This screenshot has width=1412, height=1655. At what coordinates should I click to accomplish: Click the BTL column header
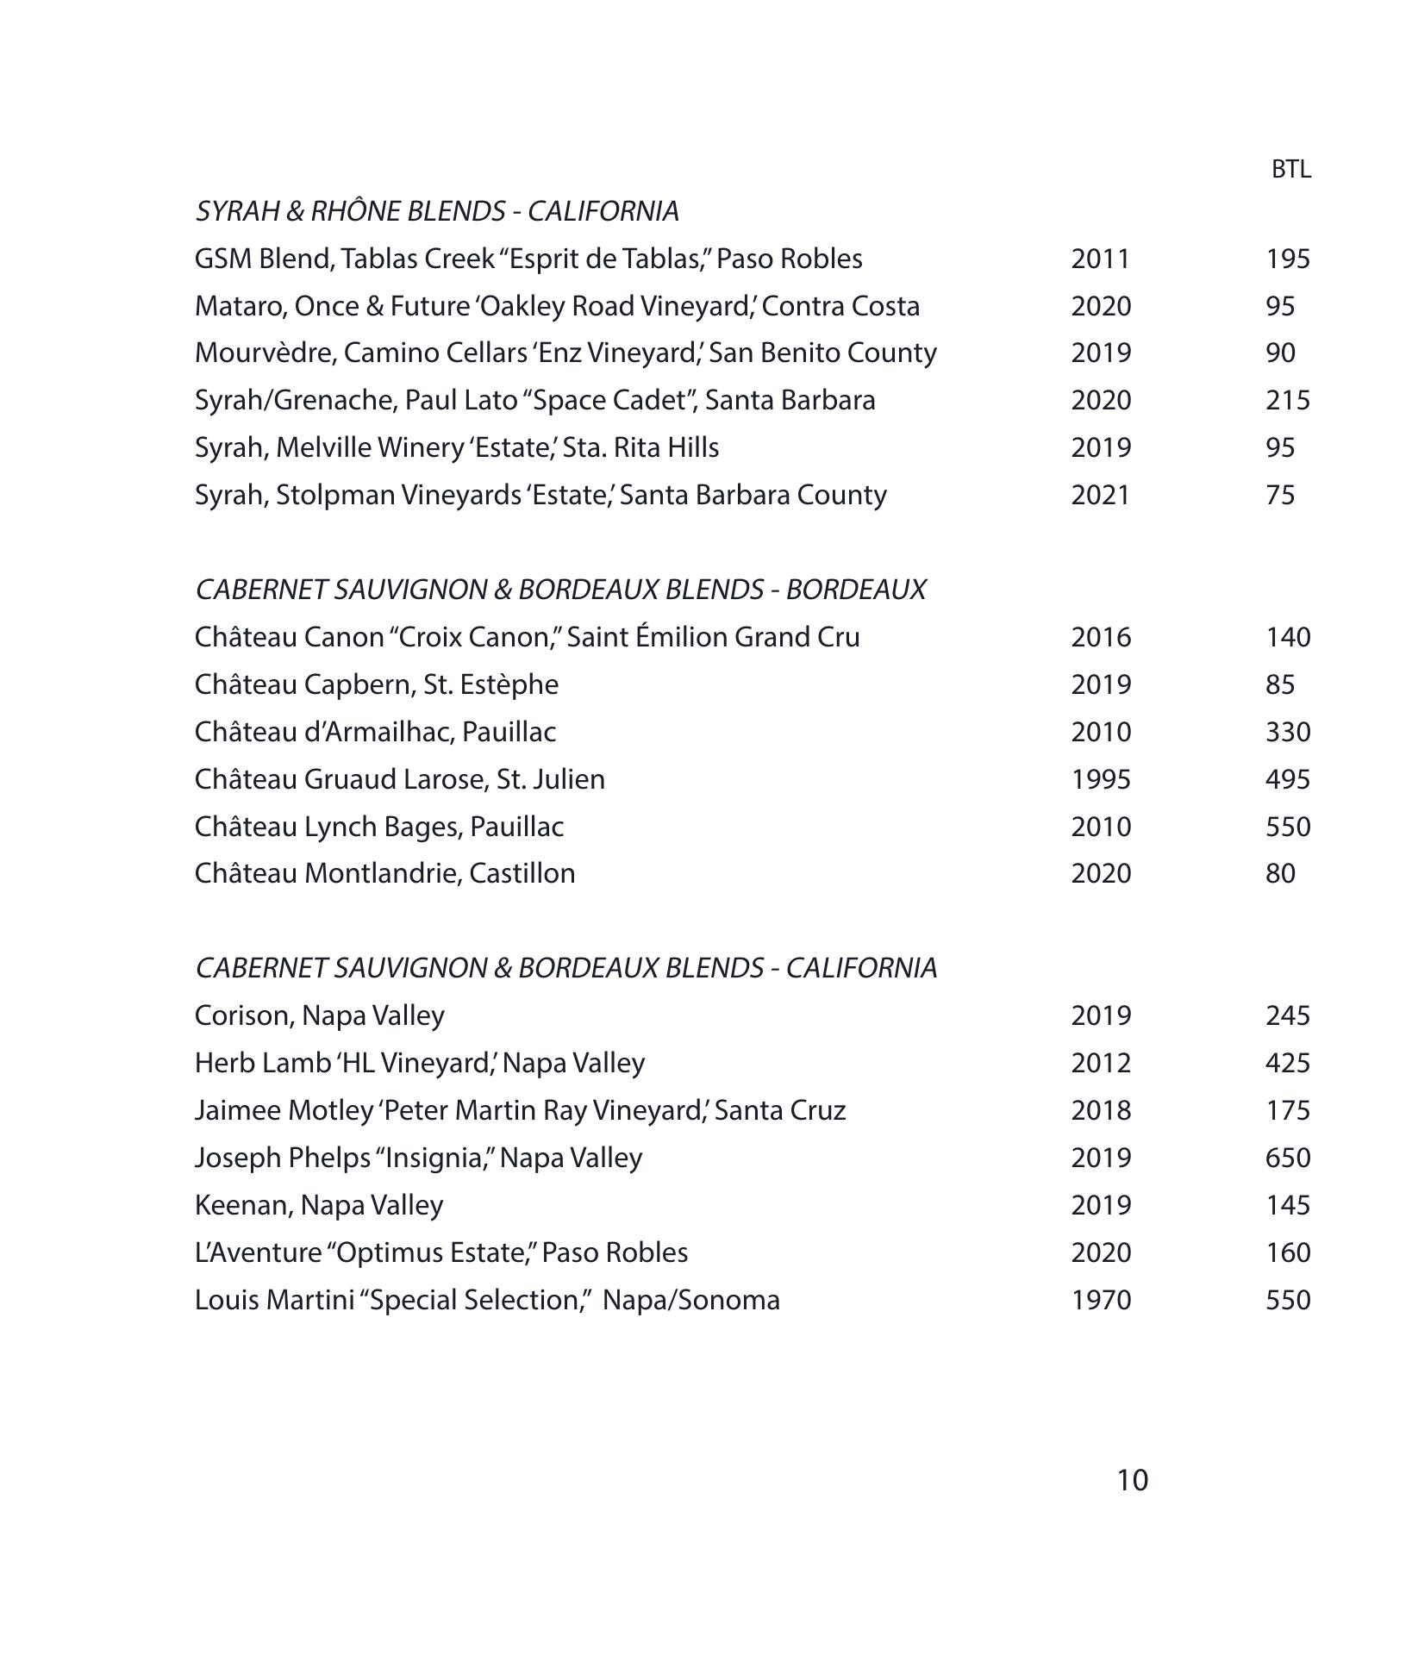(1290, 170)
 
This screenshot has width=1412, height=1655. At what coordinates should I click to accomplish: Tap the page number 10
(1132, 1480)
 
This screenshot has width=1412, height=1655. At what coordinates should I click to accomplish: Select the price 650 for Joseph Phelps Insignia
(1287, 1158)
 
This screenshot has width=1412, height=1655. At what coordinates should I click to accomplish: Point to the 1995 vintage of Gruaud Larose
(1100, 779)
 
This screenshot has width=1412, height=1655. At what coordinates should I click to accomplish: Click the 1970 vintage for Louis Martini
(1100, 1300)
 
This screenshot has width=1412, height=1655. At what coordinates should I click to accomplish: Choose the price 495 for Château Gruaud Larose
(1287, 779)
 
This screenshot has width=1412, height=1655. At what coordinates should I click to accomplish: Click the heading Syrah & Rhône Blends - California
(437, 211)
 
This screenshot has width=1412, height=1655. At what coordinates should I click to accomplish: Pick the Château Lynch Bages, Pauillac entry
(378, 827)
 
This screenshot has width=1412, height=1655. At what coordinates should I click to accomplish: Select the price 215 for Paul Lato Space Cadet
(1287, 401)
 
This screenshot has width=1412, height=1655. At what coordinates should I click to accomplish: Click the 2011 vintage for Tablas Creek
(1100, 259)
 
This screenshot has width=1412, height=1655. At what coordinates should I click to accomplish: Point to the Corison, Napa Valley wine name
(319, 1015)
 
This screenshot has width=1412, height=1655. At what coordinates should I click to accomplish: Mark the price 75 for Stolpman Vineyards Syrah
(1280, 496)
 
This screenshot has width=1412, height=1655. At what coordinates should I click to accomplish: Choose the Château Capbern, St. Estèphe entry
(376, 684)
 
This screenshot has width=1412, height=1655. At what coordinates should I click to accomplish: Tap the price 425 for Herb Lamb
(1287, 1063)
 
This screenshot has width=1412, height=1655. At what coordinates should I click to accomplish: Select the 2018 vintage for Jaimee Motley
(1100, 1110)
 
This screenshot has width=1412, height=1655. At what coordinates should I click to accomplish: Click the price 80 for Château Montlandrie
(1280, 874)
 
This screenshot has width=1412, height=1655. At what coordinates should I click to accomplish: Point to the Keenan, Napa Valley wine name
(318, 1205)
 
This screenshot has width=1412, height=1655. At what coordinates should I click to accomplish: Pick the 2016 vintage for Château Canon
(1100, 638)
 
